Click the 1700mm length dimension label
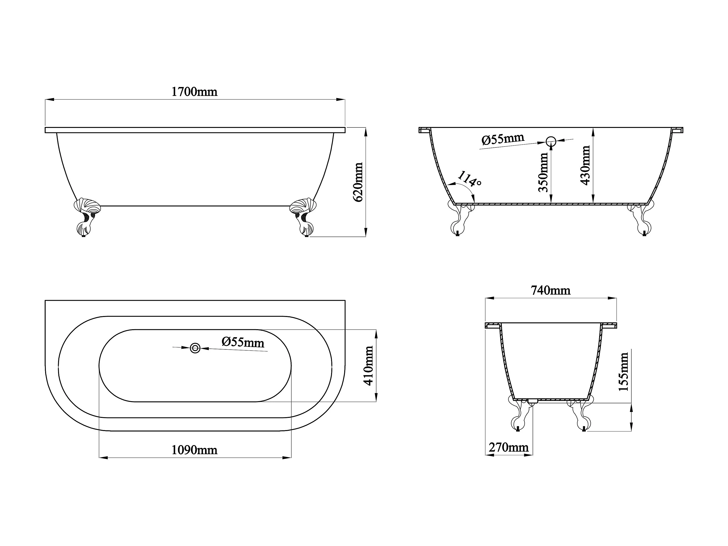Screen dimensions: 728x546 (x=194, y=91)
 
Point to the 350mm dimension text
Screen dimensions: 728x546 (x=543, y=172)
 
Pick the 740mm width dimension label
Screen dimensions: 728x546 (x=551, y=290)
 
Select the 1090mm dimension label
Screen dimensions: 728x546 (x=194, y=450)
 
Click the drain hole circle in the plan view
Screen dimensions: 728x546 (x=195, y=348)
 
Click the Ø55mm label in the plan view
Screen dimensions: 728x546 (x=243, y=342)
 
